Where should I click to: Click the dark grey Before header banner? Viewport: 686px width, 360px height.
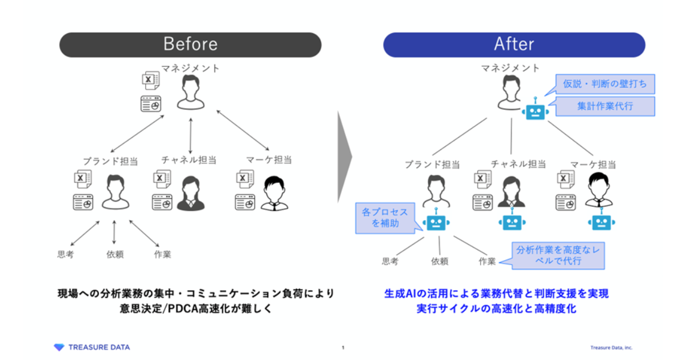(x=190, y=45)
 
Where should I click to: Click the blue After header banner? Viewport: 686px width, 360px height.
(x=514, y=45)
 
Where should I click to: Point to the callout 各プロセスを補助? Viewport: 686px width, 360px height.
(x=385, y=218)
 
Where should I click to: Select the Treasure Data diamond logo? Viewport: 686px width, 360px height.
(x=59, y=347)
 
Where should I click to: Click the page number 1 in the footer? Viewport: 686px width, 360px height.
(x=342, y=347)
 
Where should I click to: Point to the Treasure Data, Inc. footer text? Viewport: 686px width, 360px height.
(x=611, y=347)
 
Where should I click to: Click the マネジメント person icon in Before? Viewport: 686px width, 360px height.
(x=190, y=94)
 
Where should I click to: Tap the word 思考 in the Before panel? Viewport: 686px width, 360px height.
(x=65, y=255)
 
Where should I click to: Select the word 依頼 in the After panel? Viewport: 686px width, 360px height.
(x=440, y=261)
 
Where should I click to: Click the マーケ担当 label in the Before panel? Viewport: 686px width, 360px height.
(x=263, y=161)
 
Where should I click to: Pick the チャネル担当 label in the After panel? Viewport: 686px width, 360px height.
(x=518, y=164)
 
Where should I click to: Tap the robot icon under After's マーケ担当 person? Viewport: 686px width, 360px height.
(x=601, y=222)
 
